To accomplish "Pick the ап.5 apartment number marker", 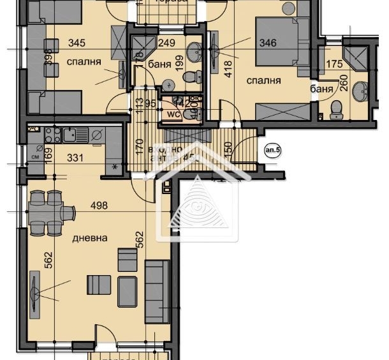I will tap(273, 151).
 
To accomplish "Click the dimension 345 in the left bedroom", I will tap(77, 44).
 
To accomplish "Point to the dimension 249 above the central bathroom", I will tap(166, 44).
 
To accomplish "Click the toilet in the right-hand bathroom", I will tap(337, 110).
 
